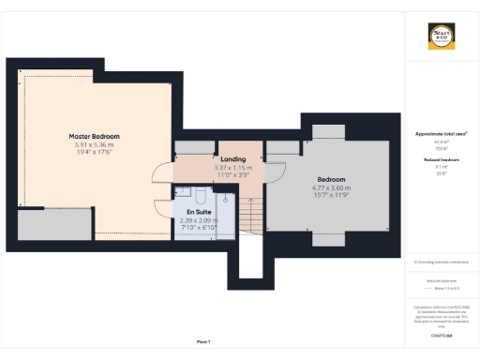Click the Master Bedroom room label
(94, 136)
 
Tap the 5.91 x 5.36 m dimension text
(94, 145)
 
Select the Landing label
(232, 159)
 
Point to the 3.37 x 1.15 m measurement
(232, 168)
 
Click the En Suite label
(198, 212)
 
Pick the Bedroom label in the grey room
(331, 179)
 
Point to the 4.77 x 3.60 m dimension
(331, 187)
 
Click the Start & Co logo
(441, 37)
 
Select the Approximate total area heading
(441, 134)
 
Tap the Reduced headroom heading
(441, 160)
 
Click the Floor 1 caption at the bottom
(202, 341)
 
